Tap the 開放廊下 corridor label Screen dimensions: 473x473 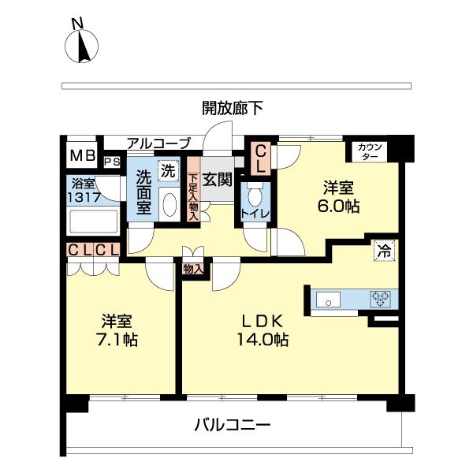(233, 108)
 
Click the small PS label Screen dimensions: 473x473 (112, 162)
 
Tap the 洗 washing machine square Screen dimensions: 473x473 (169, 169)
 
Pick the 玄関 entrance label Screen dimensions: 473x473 (217, 180)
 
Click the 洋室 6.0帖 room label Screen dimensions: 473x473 (340, 197)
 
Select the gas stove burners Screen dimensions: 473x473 (380, 300)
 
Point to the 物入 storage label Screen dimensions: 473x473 (193, 269)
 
